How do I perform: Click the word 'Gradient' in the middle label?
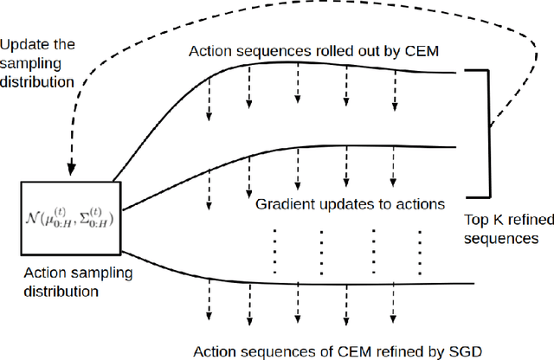click(282, 205)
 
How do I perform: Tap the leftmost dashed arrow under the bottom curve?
click(209, 305)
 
